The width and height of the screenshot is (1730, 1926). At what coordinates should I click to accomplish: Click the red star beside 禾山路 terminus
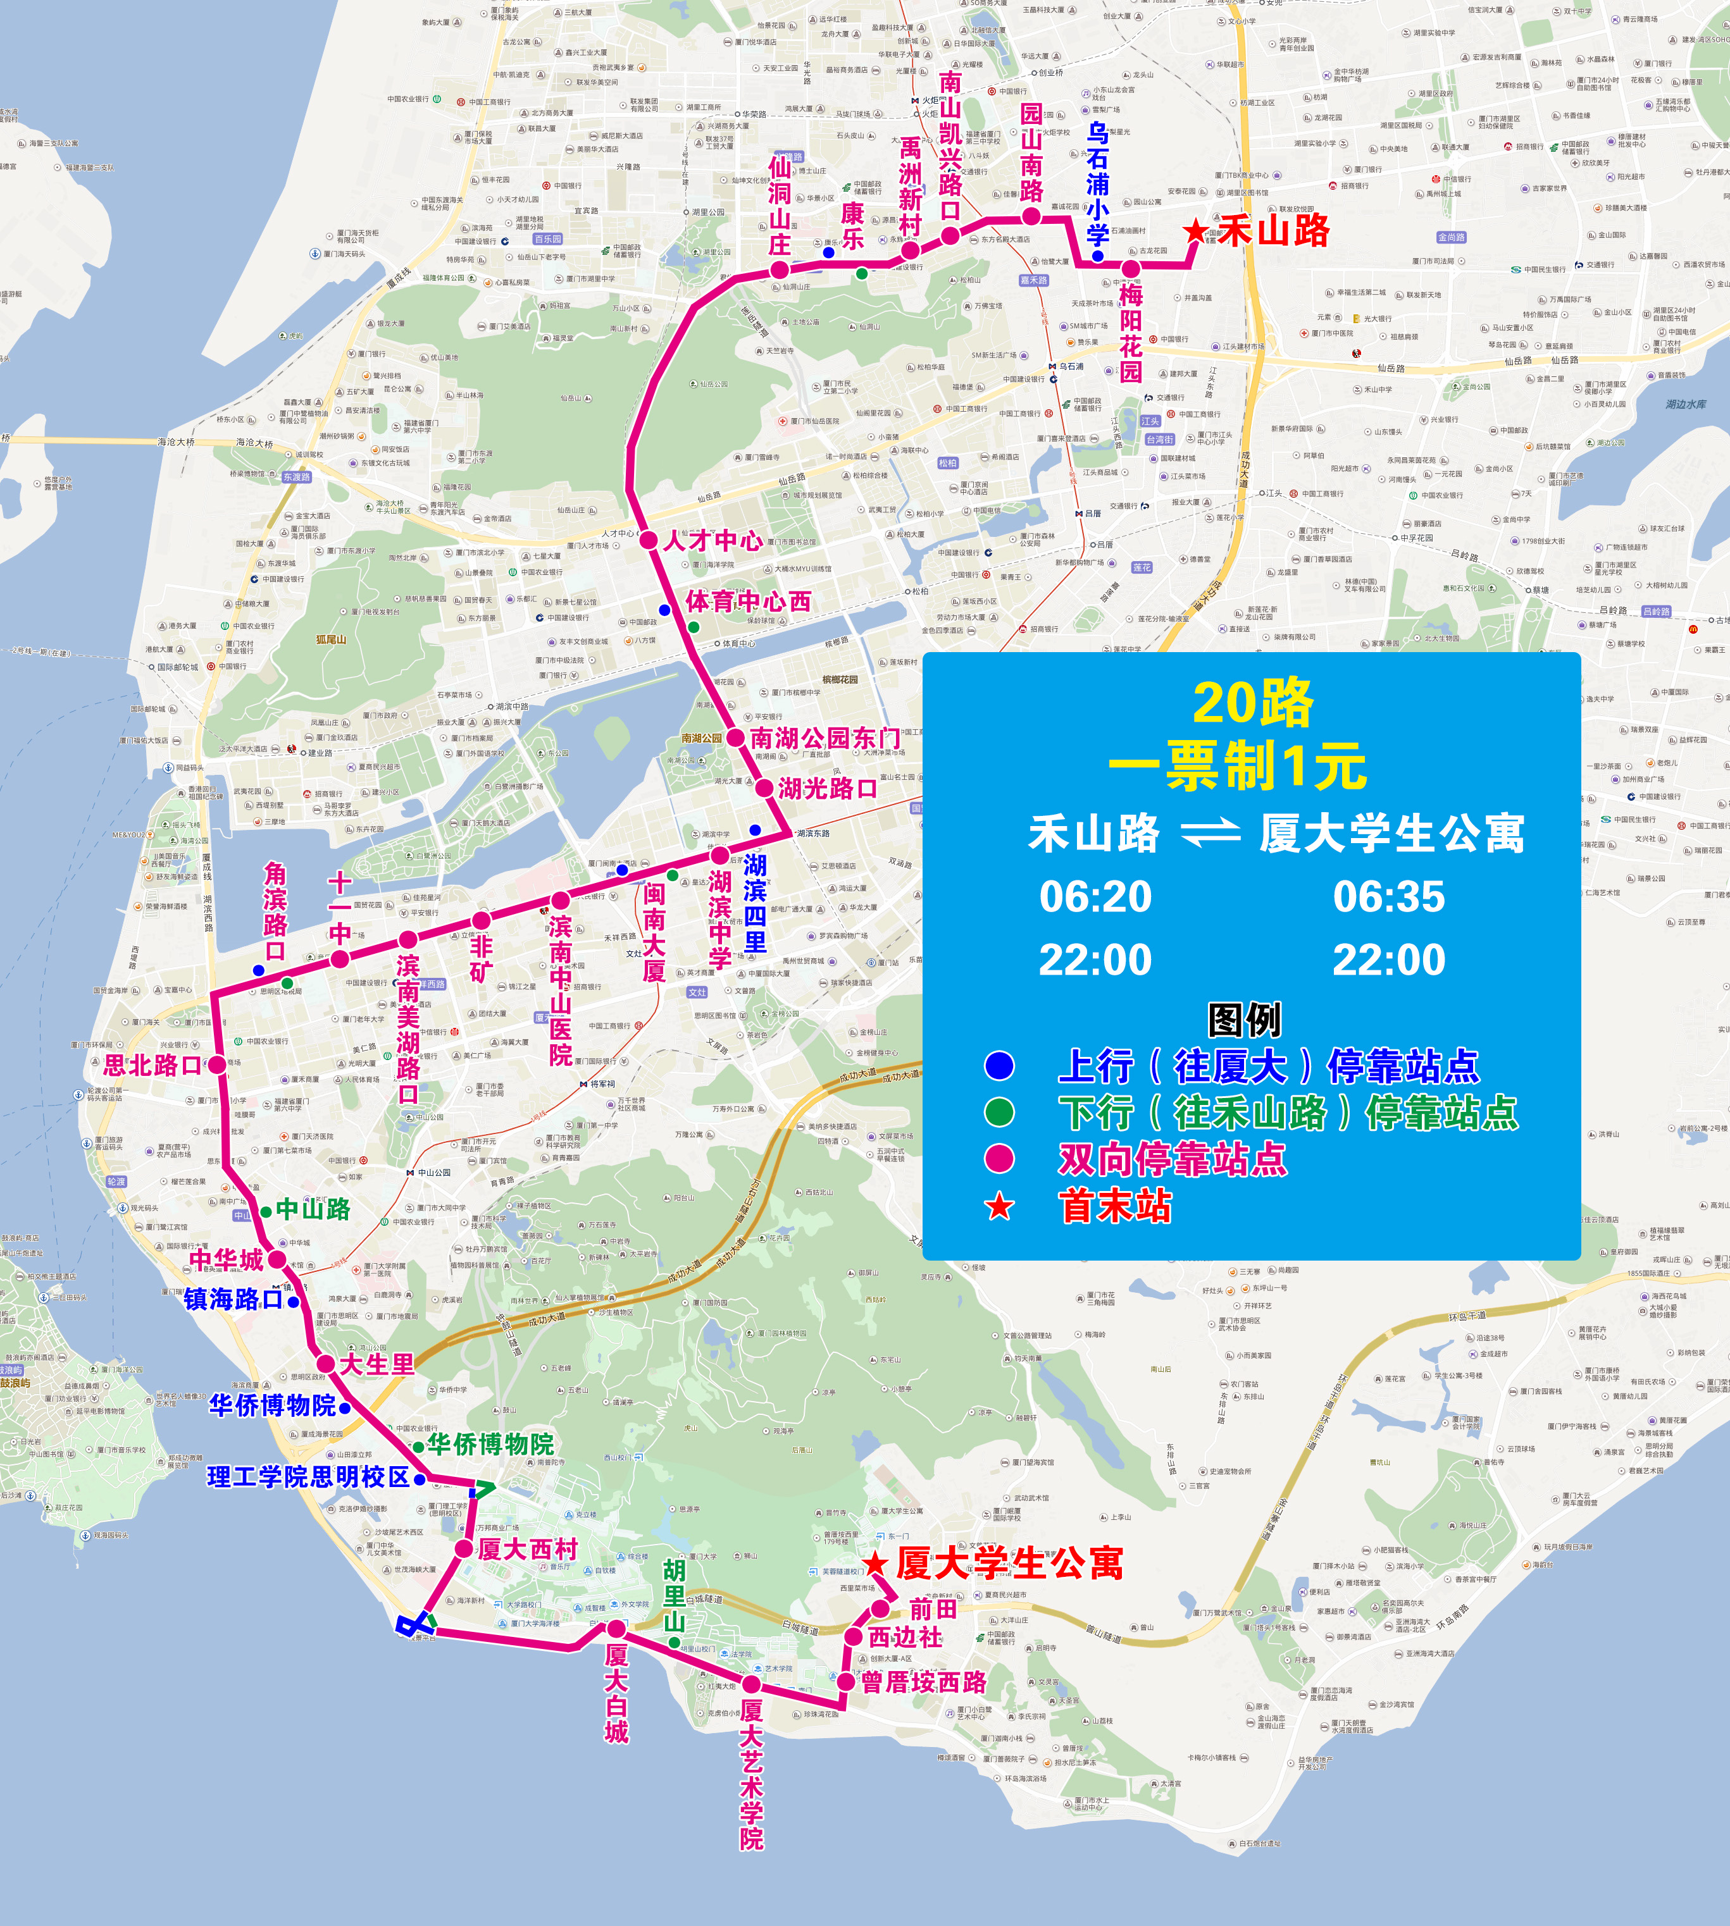tap(1195, 231)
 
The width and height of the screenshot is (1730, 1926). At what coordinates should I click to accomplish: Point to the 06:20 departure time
tap(1095, 897)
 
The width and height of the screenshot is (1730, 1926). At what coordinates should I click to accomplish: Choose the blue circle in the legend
tap(999, 1066)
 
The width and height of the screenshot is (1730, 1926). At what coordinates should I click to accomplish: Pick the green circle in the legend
tap(999, 1112)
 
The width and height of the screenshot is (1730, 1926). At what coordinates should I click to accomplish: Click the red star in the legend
tap(999, 1207)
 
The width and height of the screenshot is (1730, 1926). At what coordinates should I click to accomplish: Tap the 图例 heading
tap(1244, 1020)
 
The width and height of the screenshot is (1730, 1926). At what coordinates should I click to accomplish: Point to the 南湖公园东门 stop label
tap(824, 738)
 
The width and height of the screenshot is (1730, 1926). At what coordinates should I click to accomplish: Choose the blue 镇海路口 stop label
tap(234, 1299)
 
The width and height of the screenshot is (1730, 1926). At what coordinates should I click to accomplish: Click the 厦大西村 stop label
tap(528, 1549)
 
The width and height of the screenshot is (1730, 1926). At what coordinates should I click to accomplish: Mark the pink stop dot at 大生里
tap(325, 1364)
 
